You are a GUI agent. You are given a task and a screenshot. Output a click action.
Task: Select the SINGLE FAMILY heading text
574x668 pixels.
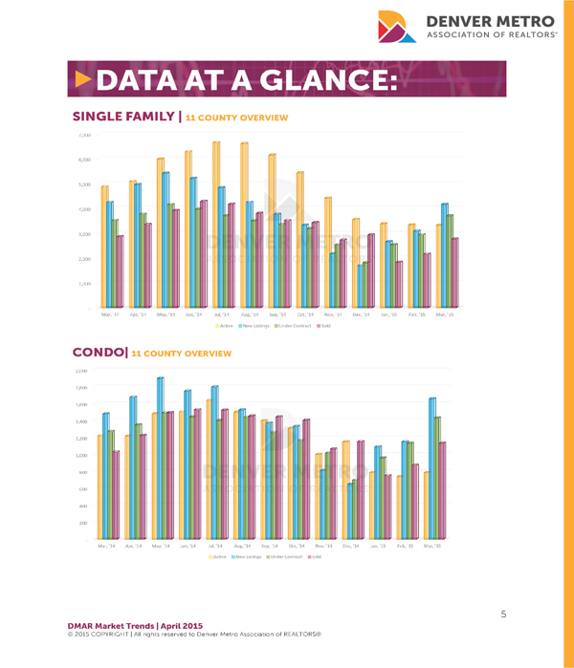tap(124, 117)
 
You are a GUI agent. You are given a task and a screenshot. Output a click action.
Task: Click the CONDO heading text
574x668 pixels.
tap(99, 353)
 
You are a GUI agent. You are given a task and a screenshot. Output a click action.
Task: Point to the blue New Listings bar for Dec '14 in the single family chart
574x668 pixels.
tap(361, 286)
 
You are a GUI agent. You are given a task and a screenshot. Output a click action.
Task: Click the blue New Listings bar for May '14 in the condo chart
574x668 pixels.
tap(161, 459)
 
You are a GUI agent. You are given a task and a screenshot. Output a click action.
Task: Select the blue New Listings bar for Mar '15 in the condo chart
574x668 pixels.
tap(432, 469)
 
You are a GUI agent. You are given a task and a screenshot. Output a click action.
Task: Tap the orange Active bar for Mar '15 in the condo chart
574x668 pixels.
tap(425, 506)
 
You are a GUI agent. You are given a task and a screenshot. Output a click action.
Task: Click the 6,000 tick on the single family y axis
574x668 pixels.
tap(84, 160)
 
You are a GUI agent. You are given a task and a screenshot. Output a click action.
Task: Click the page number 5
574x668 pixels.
tap(503, 614)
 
